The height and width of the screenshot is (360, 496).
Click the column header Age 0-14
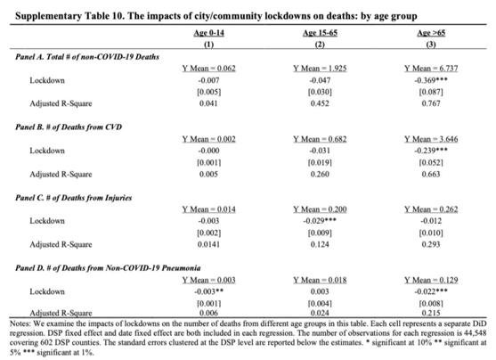[208, 33]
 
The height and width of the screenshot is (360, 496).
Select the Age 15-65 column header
[320, 33]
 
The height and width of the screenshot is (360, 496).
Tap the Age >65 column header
[431, 33]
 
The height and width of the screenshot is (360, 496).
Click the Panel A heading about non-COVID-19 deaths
[87, 57]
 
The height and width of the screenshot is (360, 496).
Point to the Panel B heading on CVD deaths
[69, 127]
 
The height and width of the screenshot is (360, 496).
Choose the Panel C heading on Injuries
[73, 198]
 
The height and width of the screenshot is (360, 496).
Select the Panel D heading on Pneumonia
[108, 268]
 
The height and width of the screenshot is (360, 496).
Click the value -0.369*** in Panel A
[431, 80]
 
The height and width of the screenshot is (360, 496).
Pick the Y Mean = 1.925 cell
[320, 69]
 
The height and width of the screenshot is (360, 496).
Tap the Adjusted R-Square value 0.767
[431, 103]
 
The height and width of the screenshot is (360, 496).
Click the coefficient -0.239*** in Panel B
[431, 151]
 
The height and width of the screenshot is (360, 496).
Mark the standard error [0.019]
[320, 163]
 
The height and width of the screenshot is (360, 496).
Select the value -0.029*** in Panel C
[320, 221]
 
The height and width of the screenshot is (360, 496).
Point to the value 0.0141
[208, 244]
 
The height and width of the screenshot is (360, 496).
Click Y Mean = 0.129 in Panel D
[431, 280]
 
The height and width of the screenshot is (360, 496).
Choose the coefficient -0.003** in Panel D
[208, 291]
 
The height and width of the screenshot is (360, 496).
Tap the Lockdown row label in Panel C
[47, 221]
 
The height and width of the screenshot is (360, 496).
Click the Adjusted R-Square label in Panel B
[61, 175]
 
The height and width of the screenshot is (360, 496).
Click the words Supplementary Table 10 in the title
[69, 16]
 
